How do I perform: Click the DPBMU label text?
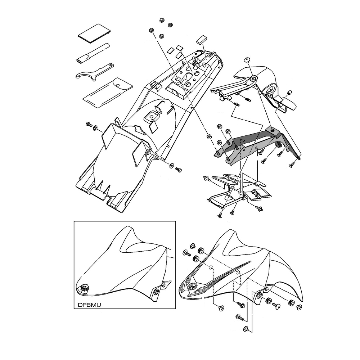(89, 305)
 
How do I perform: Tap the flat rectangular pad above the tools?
(94, 33)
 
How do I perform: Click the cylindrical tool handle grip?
(93, 53)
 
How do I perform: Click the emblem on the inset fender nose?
(84, 288)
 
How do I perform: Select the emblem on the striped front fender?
(192, 286)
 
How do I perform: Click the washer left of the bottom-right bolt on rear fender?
(171, 165)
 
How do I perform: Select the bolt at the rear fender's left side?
(89, 125)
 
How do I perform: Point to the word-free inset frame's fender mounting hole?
(156, 292)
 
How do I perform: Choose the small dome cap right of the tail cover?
(289, 92)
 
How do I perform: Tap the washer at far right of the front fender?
(299, 307)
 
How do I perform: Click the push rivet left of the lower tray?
(207, 178)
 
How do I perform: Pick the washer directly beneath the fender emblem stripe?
(221, 308)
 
